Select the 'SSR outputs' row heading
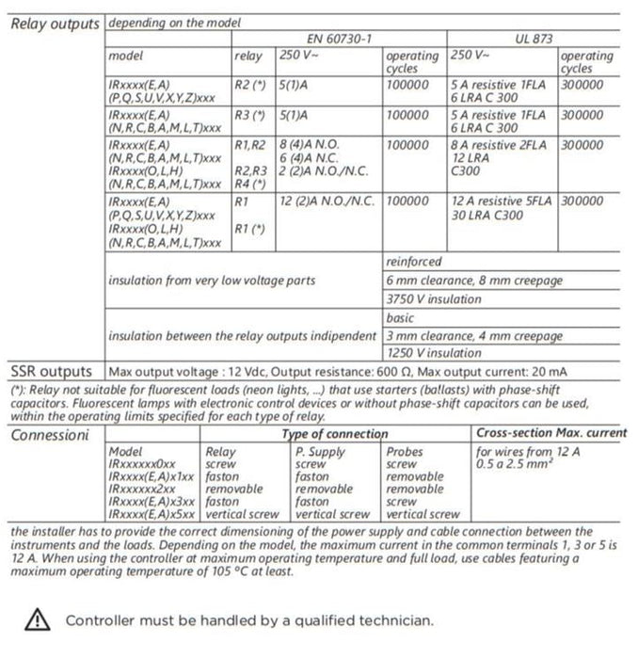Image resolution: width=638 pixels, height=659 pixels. pyautogui.click(x=51, y=371)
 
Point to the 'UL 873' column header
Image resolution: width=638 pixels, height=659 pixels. pyautogui.click(x=534, y=40)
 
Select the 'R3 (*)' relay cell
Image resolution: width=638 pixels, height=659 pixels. pyautogui.click(x=249, y=116)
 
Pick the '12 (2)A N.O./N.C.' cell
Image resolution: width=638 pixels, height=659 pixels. pyautogui.click(x=327, y=201)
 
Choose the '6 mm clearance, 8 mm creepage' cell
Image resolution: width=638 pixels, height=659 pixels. pyautogui.click(x=461, y=281)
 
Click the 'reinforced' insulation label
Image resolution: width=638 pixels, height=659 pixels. pyautogui.click(x=413, y=262)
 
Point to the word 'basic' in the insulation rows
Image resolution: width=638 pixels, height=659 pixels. pyautogui.click(x=401, y=318)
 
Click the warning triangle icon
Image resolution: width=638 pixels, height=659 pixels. pyautogui.click(x=36, y=619)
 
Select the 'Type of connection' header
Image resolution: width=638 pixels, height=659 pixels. pyautogui.click(x=334, y=434)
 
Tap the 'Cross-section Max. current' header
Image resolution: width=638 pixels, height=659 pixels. pyautogui.click(x=550, y=434)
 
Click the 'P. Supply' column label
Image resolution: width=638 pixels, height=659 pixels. pyautogui.click(x=321, y=452)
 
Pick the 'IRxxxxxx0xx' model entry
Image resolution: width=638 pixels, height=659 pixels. pyautogui.click(x=142, y=464)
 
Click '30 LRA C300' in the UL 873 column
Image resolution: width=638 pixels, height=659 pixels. pyautogui.click(x=489, y=215)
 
